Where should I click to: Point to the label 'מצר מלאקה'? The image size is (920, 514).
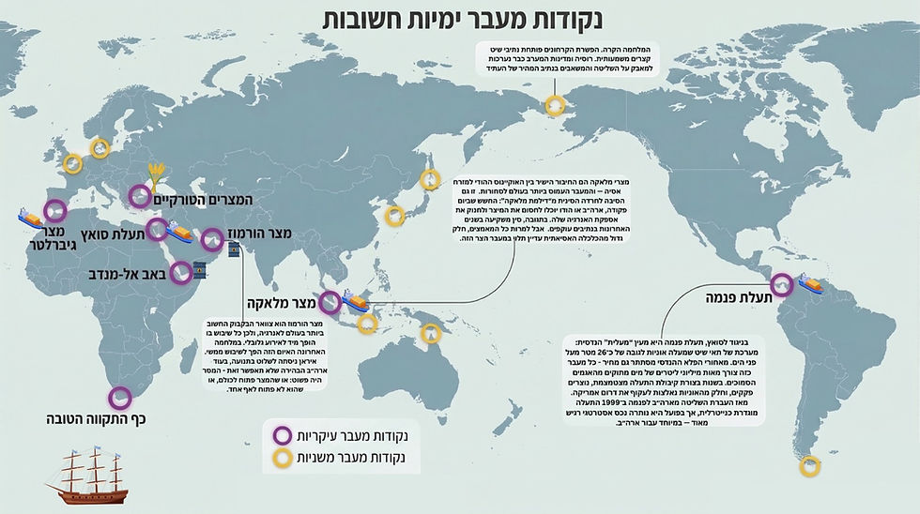click(279, 303)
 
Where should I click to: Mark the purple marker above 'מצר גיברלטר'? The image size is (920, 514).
click(55, 210)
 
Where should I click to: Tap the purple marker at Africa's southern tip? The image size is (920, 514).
click(118, 399)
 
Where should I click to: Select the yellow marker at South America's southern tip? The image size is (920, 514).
click(808, 465)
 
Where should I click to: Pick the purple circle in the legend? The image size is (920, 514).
click(280, 435)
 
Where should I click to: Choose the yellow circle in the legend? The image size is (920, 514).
click(280, 461)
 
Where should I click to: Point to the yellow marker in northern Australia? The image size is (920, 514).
click(431, 332)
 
